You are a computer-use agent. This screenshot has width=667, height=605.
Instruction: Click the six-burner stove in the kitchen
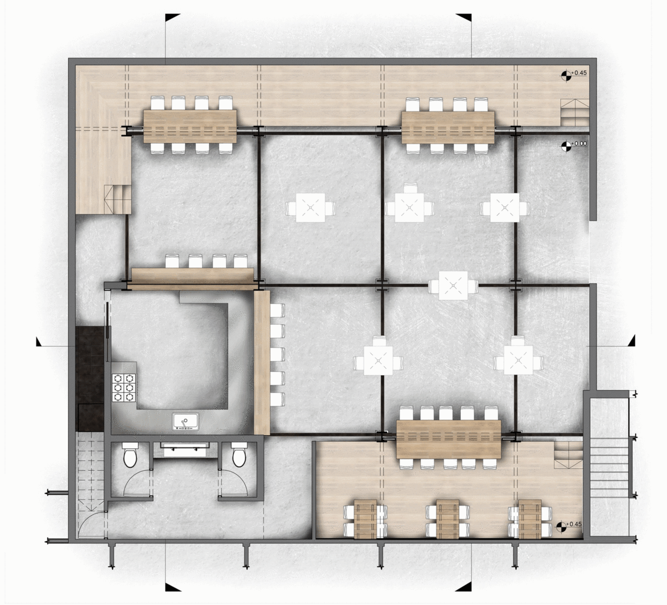[x=125, y=387]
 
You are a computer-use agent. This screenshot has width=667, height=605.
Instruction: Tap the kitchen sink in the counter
[x=186, y=421]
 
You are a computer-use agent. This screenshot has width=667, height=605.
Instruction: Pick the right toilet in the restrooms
[x=239, y=455]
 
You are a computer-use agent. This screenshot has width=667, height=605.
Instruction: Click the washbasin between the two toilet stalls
[x=185, y=450]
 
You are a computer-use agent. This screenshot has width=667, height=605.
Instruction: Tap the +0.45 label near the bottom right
[x=574, y=524]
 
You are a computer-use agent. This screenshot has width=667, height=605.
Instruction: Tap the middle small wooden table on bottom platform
[x=447, y=518]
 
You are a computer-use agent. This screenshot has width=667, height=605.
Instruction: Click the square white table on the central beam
[x=453, y=285]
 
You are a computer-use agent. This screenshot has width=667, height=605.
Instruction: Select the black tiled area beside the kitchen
[x=90, y=379]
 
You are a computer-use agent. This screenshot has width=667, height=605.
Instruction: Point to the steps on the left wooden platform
[x=117, y=199]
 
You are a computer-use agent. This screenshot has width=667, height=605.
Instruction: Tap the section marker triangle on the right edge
[x=631, y=341]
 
